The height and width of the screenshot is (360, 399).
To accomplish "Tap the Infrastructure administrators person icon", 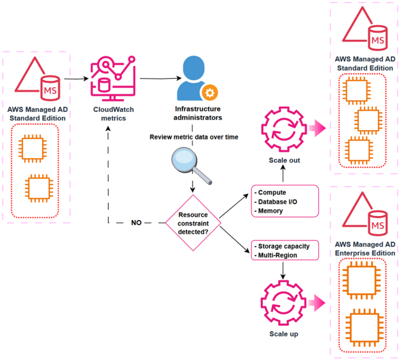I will click(x=193, y=77).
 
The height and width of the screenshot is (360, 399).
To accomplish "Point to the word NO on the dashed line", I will click(x=137, y=222).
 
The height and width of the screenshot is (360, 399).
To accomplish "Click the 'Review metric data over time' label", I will click(x=193, y=137).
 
